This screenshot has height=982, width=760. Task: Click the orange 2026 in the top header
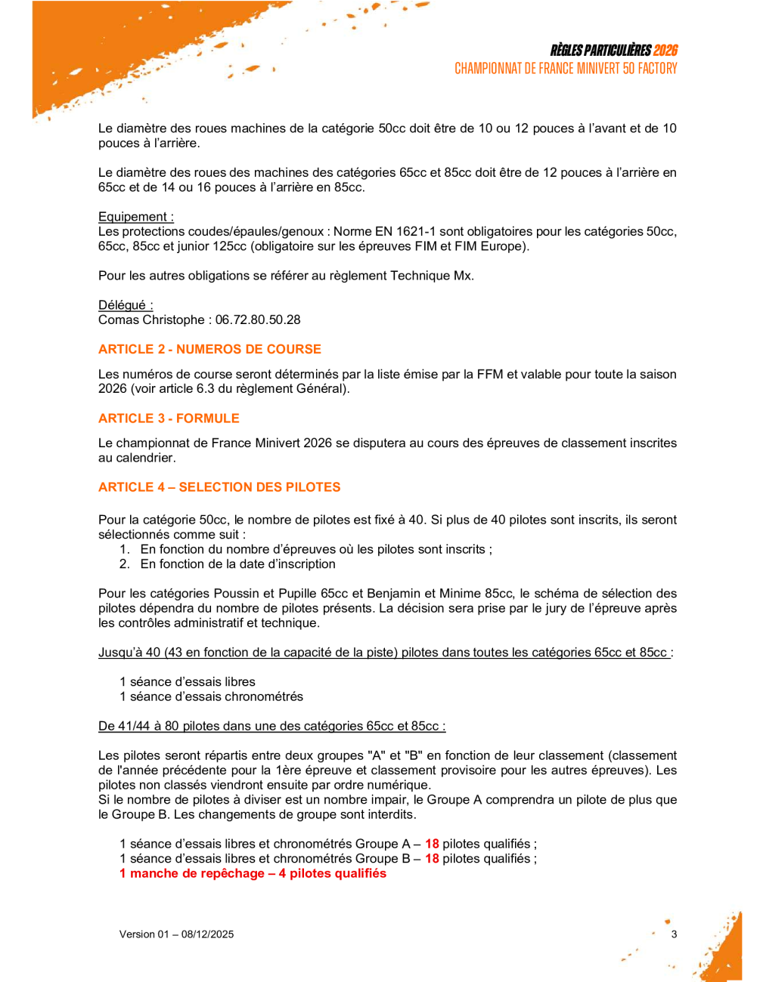pyautogui.click(x=665, y=51)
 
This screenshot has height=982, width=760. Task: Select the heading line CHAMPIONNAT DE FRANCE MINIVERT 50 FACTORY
pyautogui.click(x=566, y=69)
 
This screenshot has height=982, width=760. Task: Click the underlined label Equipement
pyautogui.click(x=135, y=217)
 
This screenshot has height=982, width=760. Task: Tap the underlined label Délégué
pyautogui.click(x=126, y=305)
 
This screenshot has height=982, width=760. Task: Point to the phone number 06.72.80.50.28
pyautogui.click(x=258, y=320)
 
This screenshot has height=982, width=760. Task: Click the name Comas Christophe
pyautogui.click(x=150, y=320)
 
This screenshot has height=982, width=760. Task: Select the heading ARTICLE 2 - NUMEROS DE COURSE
pyautogui.click(x=209, y=349)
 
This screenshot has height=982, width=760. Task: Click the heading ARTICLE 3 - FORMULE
pyautogui.click(x=169, y=418)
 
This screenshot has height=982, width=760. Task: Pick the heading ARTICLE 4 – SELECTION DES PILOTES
pyautogui.click(x=219, y=487)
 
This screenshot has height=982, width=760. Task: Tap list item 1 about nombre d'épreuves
pyautogui.click(x=316, y=550)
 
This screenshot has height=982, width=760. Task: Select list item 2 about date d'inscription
pyautogui.click(x=237, y=564)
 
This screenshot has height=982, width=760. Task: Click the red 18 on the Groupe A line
pyautogui.click(x=432, y=845)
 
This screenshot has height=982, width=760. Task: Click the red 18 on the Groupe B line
pyautogui.click(x=432, y=859)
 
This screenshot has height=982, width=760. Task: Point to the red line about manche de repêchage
pyautogui.click(x=253, y=874)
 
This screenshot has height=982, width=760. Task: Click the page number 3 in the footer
pyautogui.click(x=674, y=934)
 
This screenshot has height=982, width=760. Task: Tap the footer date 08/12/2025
pyautogui.click(x=207, y=934)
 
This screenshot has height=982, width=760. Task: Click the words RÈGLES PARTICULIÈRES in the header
pyautogui.click(x=600, y=51)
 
